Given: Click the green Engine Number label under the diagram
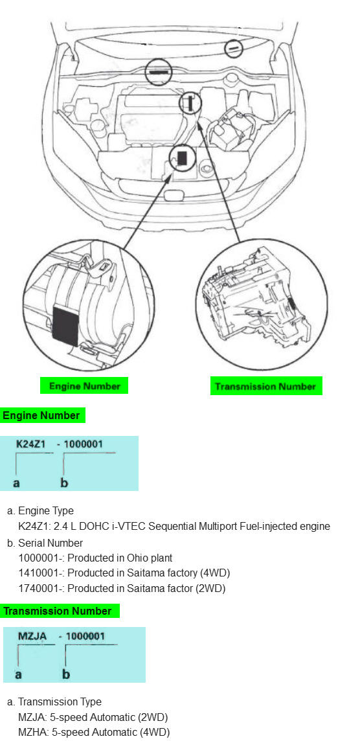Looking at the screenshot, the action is coord(85,385).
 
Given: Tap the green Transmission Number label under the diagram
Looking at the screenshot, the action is coord(265,386).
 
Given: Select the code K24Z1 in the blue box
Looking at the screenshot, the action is coord(30,444).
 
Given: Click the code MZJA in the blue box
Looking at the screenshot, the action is coord(32,636).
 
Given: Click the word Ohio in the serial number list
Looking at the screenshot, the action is coord(137,558).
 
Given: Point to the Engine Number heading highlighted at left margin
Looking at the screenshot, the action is coord(41,415).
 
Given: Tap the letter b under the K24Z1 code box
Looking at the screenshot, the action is coord(64,483).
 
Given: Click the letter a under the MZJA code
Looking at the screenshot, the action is coord(18,674).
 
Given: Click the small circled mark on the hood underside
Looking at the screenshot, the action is coord(233,49).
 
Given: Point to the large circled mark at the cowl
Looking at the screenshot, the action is coord(158,72).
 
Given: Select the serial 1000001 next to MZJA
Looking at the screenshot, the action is coord(85,636).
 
